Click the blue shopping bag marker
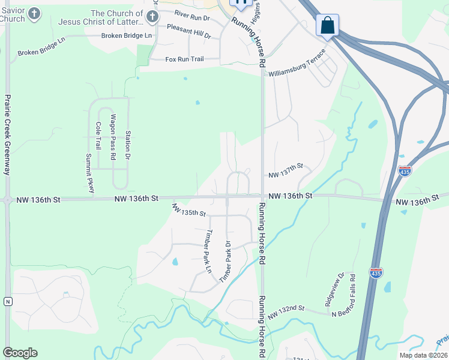pyautogui.click(x=327, y=26)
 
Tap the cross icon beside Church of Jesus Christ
pyautogui.click(x=152, y=14)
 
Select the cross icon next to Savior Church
pyautogui.click(x=35, y=13)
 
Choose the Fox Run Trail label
pyautogui.click(x=185, y=59)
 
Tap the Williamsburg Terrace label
pyautogui.click(x=297, y=66)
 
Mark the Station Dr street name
pyautogui.click(x=128, y=143)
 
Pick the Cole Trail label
pyautogui.click(x=98, y=136)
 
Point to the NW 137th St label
pyautogui.click(x=286, y=174)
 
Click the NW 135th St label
pyautogui.click(x=188, y=210)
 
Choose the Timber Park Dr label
pyautogui.click(x=226, y=262)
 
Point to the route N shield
pyautogui.click(x=8, y=301)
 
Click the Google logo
pyautogui.click(x=20, y=353)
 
